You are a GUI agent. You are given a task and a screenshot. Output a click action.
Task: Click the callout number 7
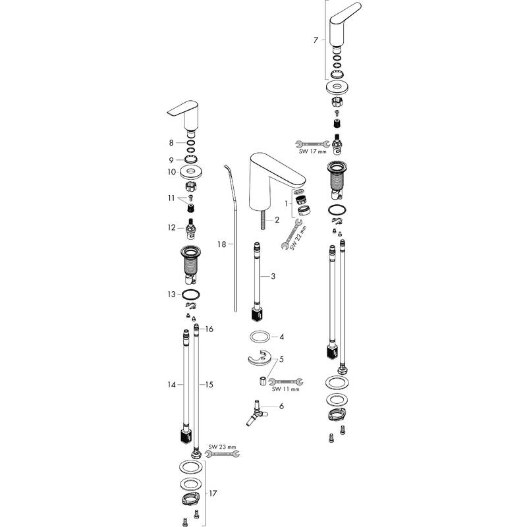[316, 40]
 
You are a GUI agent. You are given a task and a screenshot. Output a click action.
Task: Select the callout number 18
[221, 244]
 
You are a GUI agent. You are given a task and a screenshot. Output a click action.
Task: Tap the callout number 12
[171, 228]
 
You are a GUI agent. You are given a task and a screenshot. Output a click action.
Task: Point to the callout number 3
[273, 276]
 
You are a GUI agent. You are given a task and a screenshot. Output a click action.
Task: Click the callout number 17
[213, 493]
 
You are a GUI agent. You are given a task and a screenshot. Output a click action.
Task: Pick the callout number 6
[281, 406]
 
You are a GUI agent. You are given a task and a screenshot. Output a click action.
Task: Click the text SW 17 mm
[312, 152]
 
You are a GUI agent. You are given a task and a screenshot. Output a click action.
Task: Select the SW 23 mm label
[222, 447]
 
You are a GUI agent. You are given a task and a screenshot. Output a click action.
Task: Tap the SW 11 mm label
[285, 389]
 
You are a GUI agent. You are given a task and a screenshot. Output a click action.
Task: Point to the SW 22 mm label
[298, 238]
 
